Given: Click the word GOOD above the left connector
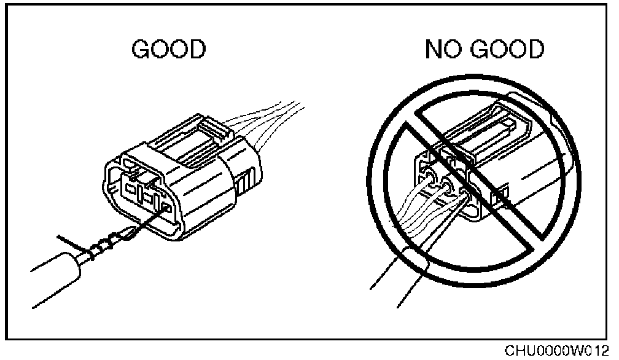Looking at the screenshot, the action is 168,51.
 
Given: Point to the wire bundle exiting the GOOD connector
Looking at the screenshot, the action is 270,123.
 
